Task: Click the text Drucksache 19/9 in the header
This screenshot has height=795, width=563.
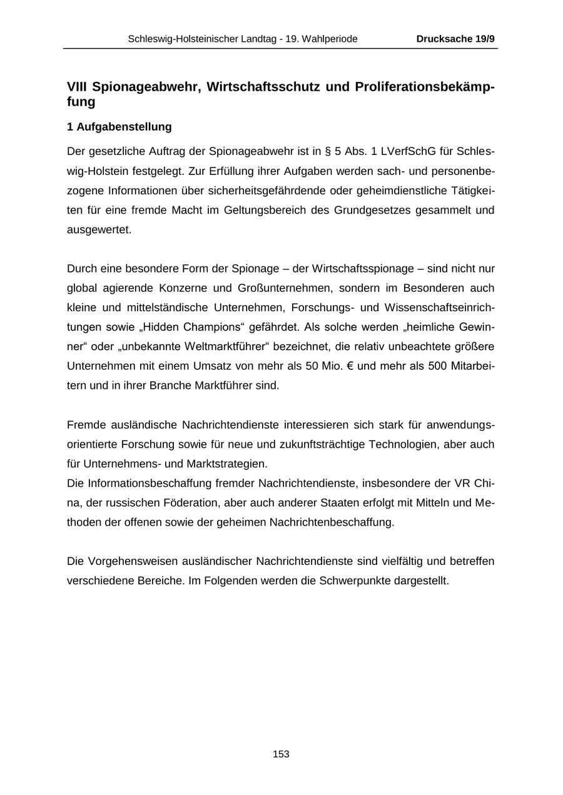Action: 455,39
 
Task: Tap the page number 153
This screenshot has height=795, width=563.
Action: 281,754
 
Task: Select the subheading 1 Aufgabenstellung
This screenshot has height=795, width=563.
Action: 119,127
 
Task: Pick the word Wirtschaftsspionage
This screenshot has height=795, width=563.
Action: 366,269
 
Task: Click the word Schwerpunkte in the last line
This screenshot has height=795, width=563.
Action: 355,580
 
